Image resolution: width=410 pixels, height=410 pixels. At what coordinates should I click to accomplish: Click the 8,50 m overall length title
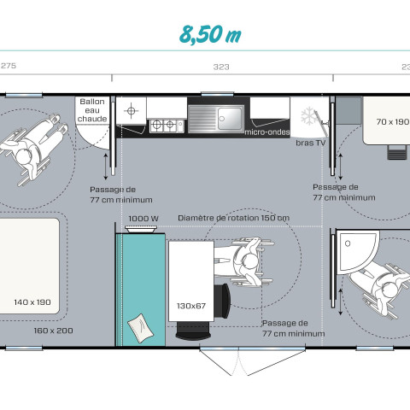click(210, 35)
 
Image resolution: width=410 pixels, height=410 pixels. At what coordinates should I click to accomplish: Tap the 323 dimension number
click(221, 67)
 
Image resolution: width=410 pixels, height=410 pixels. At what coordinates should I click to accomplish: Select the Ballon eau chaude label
click(92, 110)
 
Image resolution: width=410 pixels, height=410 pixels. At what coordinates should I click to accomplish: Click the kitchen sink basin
click(230, 119)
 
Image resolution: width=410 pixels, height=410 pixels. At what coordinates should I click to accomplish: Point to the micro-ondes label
click(267, 132)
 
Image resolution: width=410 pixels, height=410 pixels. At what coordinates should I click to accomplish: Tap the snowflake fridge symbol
click(308, 116)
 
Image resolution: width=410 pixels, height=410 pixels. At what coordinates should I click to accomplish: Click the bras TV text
click(310, 143)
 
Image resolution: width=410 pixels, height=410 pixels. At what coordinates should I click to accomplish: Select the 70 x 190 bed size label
click(393, 122)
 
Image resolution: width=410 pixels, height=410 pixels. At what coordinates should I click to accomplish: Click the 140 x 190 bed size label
click(32, 302)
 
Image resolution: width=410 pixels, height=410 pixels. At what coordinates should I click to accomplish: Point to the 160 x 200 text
click(53, 331)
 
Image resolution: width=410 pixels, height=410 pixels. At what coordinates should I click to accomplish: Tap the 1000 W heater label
click(143, 219)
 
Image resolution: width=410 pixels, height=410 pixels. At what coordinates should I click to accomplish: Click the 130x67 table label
click(191, 306)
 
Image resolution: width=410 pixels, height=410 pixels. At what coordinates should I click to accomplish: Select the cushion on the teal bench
click(140, 328)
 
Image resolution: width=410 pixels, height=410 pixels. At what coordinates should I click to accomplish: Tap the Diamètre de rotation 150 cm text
click(233, 218)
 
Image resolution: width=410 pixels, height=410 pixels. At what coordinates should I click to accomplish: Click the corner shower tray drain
click(348, 243)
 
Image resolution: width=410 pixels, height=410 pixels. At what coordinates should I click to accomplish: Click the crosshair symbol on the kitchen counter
click(131, 110)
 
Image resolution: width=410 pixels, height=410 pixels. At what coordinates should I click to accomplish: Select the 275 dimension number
click(9, 66)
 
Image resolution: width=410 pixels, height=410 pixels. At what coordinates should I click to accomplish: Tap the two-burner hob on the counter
click(167, 126)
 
